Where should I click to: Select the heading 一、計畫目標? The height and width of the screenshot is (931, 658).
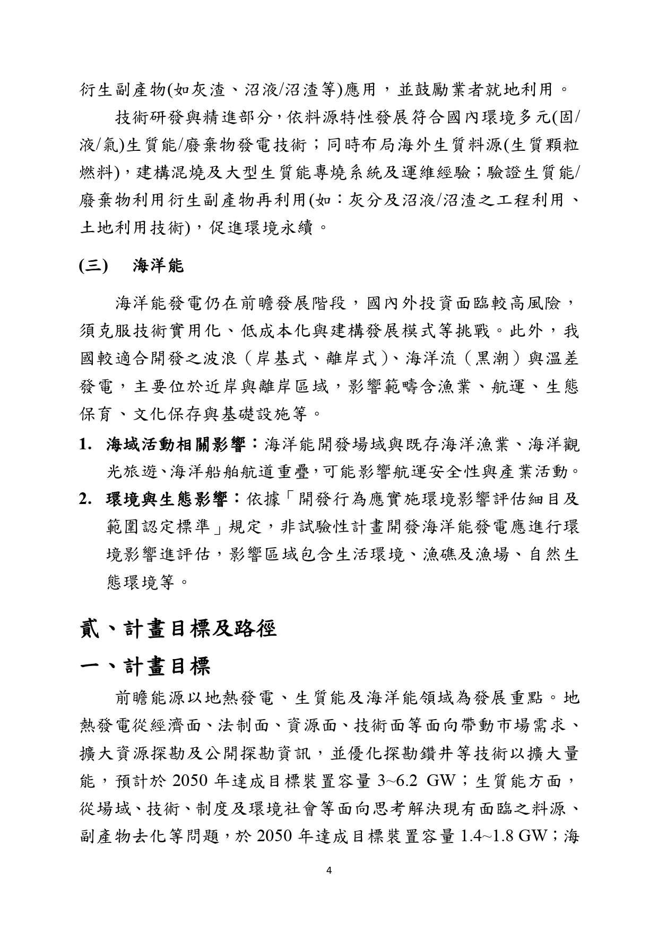click(x=145, y=666)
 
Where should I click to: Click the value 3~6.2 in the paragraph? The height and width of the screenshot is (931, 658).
click(x=397, y=781)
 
